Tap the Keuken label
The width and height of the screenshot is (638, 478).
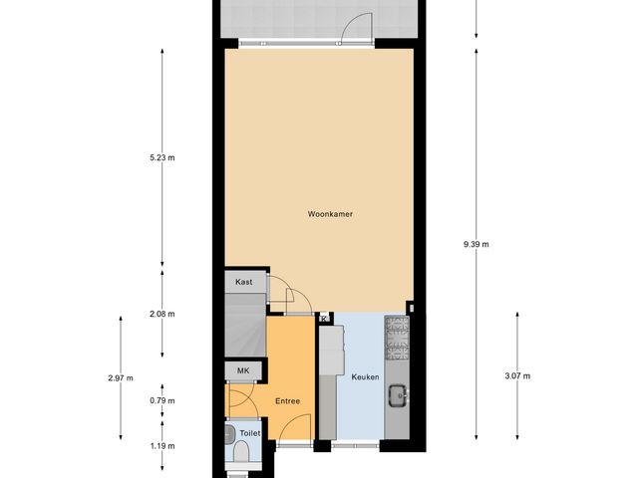pyautogui.click(x=365, y=377)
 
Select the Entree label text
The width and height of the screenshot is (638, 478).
pyautogui.click(x=287, y=401)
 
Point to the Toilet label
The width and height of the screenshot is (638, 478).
pyautogui.click(x=249, y=434)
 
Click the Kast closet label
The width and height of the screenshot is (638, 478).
pyautogui.click(x=244, y=283)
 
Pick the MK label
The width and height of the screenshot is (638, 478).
pyautogui.click(x=242, y=371)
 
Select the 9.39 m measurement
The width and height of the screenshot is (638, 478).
pyautogui.click(x=476, y=244)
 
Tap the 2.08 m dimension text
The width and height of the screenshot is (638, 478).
pyautogui.click(x=161, y=314)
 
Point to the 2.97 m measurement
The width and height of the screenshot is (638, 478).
pyautogui.click(x=120, y=377)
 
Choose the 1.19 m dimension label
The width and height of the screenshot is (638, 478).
pyautogui.click(x=161, y=446)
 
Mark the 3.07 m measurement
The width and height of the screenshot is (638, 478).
pyautogui.click(x=518, y=375)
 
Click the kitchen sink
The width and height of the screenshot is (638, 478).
pyautogui.click(x=398, y=394)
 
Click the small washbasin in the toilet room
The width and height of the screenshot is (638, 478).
pyautogui.click(x=230, y=433)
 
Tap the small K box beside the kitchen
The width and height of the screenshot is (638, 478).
pyautogui.click(x=325, y=319)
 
